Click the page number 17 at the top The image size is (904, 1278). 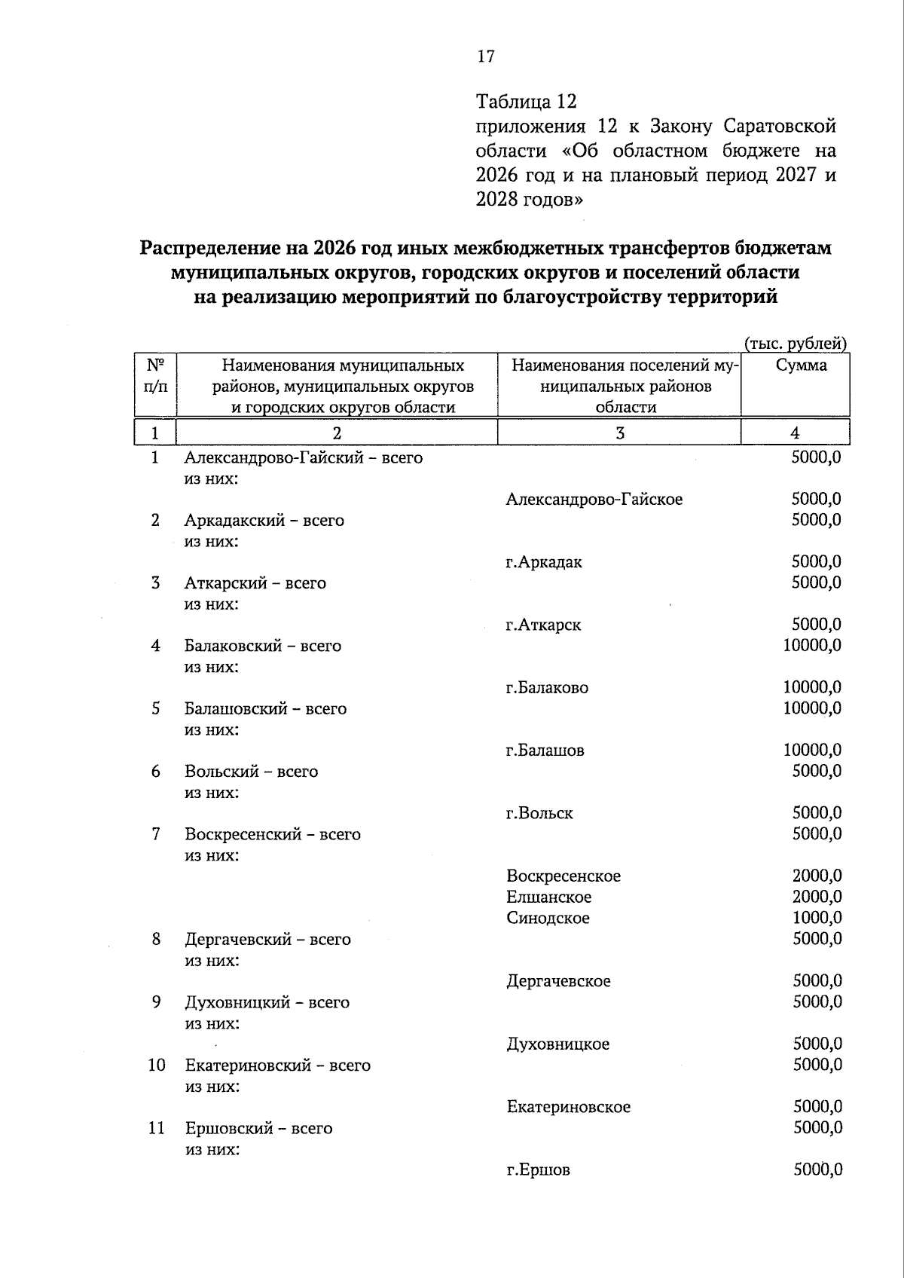point(485,57)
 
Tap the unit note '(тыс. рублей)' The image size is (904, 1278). point(796,344)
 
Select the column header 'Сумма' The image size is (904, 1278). point(802,365)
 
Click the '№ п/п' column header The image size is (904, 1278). point(155,376)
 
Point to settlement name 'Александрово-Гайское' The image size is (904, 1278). point(594,500)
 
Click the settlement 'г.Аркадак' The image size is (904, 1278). point(544,562)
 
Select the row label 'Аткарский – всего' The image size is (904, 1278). point(255,583)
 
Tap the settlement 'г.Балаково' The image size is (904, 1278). point(547,688)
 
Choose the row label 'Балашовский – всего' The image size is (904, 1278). point(265,709)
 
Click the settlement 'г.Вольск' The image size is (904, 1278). point(539,814)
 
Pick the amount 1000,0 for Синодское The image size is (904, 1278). point(817,918)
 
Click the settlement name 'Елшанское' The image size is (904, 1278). point(548,897)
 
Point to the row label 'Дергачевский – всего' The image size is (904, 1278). point(267,940)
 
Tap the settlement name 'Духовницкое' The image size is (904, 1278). point(557,1044)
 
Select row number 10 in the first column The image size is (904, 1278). point(156,1066)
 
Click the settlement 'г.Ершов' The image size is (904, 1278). point(538,1170)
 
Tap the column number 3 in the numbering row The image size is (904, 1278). point(619,433)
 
